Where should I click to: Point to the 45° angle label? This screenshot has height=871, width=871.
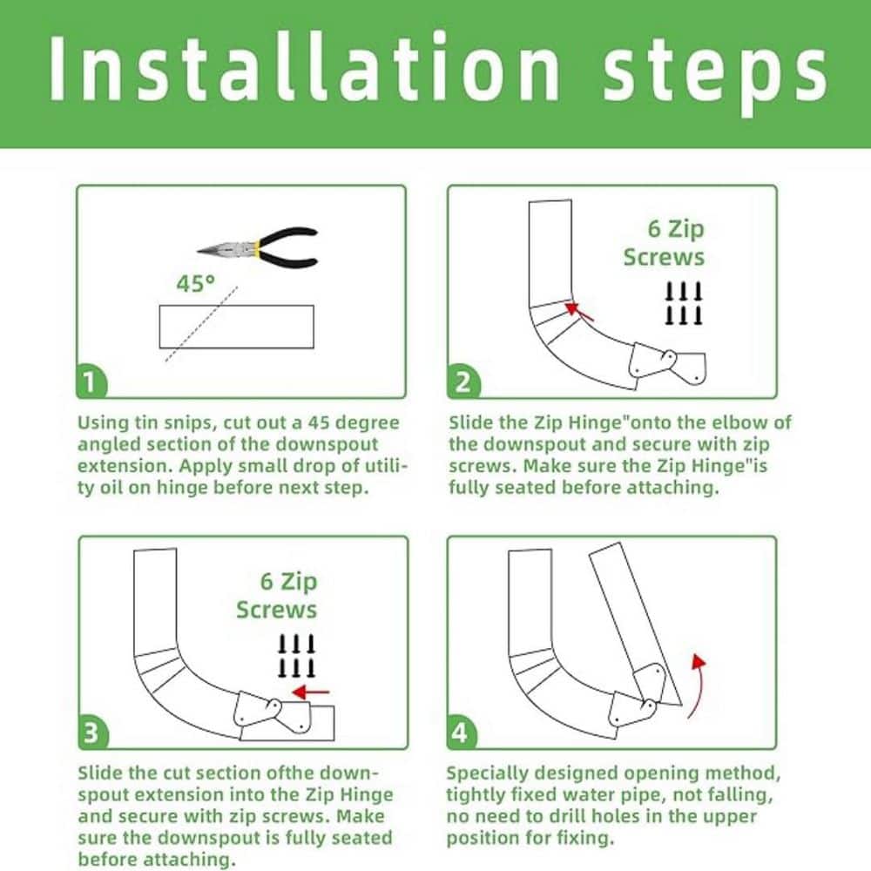(x=195, y=283)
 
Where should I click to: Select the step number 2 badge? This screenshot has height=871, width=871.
(x=463, y=382)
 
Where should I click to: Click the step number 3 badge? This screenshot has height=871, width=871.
(x=92, y=733)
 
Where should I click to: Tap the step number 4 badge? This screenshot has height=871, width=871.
(x=461, y=733)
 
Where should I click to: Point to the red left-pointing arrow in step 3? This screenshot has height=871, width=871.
(x=311, y=692)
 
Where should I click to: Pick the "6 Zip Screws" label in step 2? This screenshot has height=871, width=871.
(x=664, y=243)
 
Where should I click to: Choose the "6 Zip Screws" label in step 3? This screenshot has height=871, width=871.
(x=277, y=596)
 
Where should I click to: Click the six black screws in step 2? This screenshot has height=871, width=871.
(x=684, y=303)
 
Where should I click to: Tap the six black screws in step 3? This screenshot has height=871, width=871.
(x=296, y=656)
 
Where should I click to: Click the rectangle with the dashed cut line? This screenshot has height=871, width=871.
(x=237, y=327)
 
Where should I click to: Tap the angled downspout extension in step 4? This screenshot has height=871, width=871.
(x=635, y=625)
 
